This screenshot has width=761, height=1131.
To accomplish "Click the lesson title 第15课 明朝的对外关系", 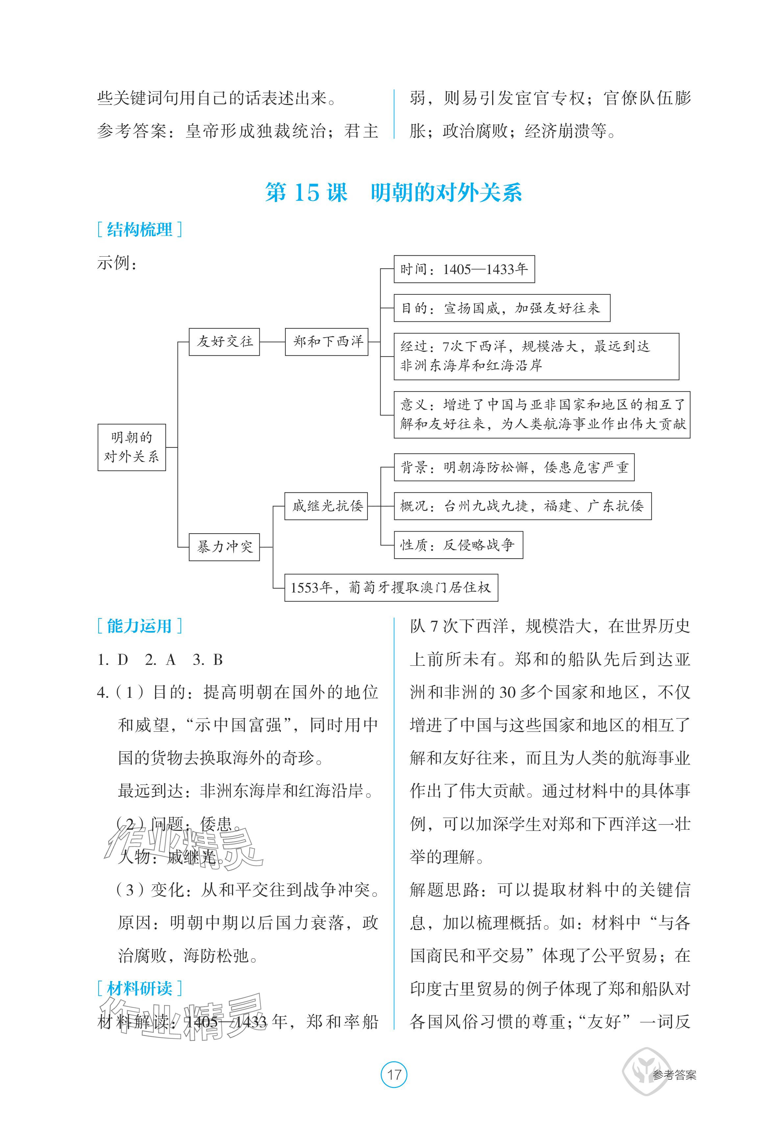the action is coord(393,193).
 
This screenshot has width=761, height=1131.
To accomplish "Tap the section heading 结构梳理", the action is coord(139,230).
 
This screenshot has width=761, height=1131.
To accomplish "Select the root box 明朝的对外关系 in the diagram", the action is coord(131,447).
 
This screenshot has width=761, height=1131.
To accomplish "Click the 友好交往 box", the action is coord(224,341).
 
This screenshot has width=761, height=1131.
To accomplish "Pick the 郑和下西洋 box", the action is coord(327,341).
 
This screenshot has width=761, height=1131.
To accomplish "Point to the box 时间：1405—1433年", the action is coord(464,269).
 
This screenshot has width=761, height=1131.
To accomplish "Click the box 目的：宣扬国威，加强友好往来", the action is coord(501,308).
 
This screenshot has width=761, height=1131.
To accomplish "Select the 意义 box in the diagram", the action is coord(542,414).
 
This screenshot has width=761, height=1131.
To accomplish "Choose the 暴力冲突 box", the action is coord(224,547).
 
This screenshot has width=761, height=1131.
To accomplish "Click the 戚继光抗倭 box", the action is coord(326,506).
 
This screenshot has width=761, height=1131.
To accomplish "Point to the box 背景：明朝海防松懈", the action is coord(514,467).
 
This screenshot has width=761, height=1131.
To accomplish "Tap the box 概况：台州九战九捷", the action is coord(522,506).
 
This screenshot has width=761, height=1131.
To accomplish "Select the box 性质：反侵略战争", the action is coord(458,545).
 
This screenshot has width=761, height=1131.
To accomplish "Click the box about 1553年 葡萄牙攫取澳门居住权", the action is coord(391,588).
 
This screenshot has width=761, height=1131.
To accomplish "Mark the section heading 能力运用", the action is coord(139,626).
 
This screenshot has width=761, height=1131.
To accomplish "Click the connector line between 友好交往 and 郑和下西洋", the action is coord(272,341).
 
